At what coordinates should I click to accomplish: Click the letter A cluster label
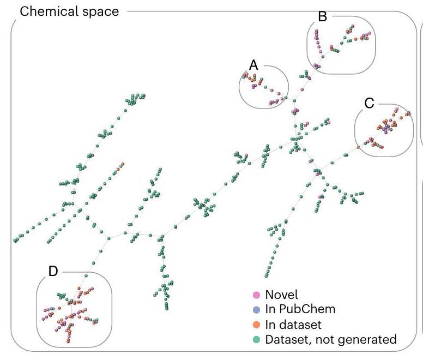coord(253,64)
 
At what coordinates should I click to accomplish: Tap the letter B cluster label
coord(322,17)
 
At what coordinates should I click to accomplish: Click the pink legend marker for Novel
coord(257,295)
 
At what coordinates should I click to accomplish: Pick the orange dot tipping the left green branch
coord(123,164)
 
